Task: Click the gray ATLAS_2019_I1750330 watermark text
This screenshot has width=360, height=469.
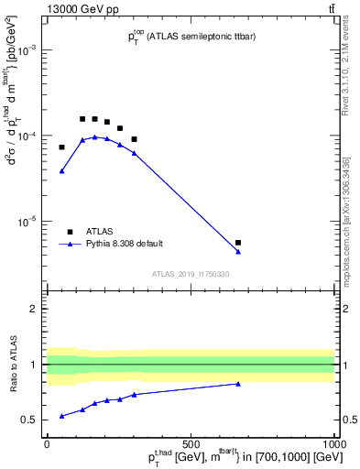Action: [190, 274]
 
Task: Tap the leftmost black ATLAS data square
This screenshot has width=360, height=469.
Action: [61, 147]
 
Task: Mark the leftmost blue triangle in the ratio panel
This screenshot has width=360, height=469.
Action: [61, 416]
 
